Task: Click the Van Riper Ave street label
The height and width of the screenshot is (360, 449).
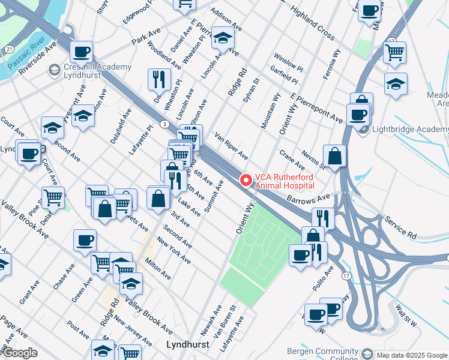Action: (231, 146)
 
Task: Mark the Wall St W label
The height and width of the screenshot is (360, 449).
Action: (406, 316)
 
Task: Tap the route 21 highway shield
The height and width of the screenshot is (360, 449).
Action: (9, 49)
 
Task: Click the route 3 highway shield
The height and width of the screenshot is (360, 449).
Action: (163, 124)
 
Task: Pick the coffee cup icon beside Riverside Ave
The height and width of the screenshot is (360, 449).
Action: (80, 52)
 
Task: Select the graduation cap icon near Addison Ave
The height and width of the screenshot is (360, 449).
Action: (223, 38)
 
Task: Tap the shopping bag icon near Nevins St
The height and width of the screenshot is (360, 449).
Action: (334, 155)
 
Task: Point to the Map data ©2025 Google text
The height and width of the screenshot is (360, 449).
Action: (411, 355)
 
